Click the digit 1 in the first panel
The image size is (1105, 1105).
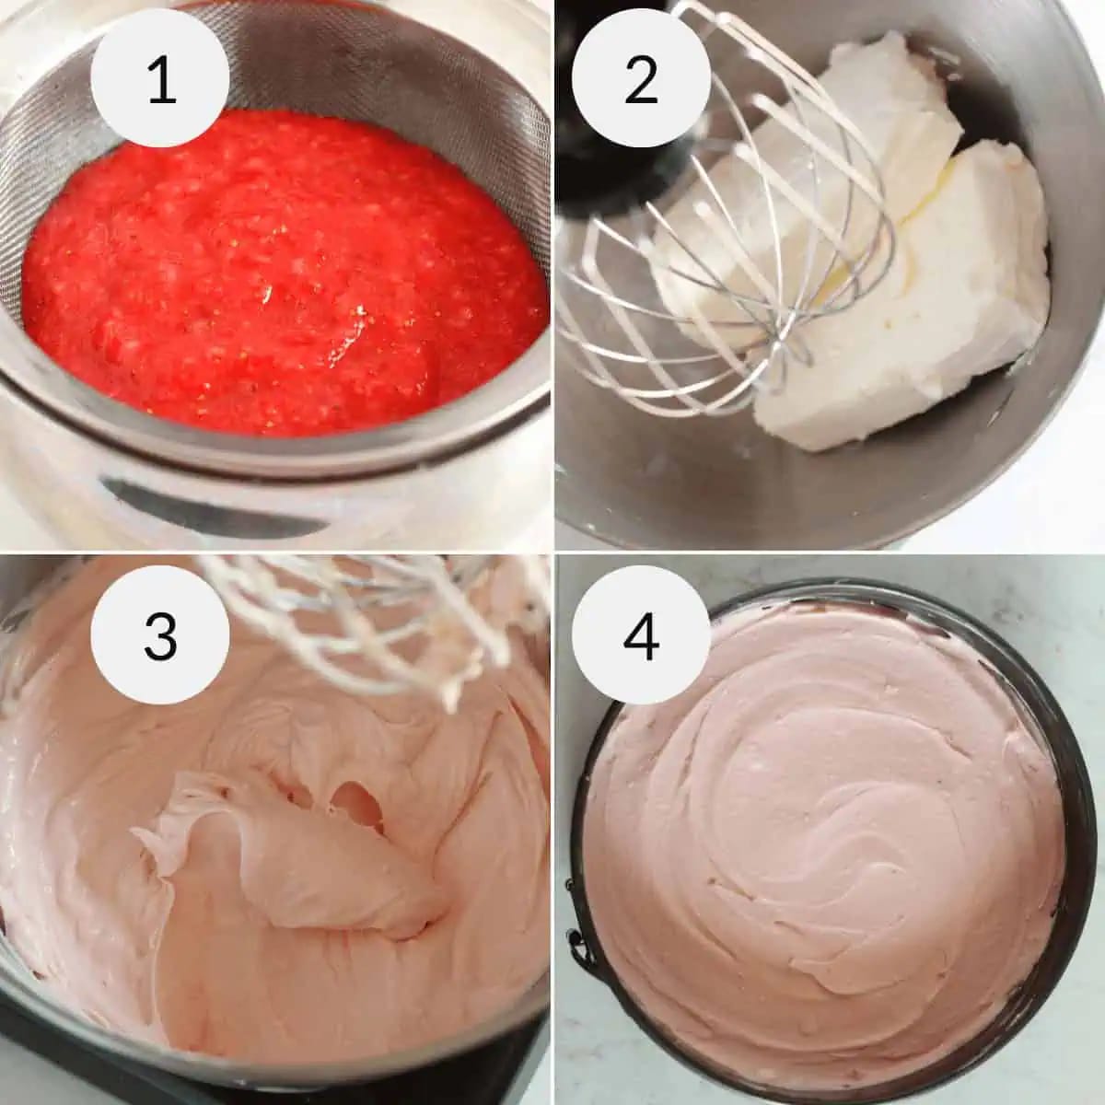161,79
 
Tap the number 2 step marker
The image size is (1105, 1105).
641,79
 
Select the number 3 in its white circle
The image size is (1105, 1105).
161,635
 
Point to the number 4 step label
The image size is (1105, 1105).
641,635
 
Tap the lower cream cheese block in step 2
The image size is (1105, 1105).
921,313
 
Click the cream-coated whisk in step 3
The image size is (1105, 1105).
387,626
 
